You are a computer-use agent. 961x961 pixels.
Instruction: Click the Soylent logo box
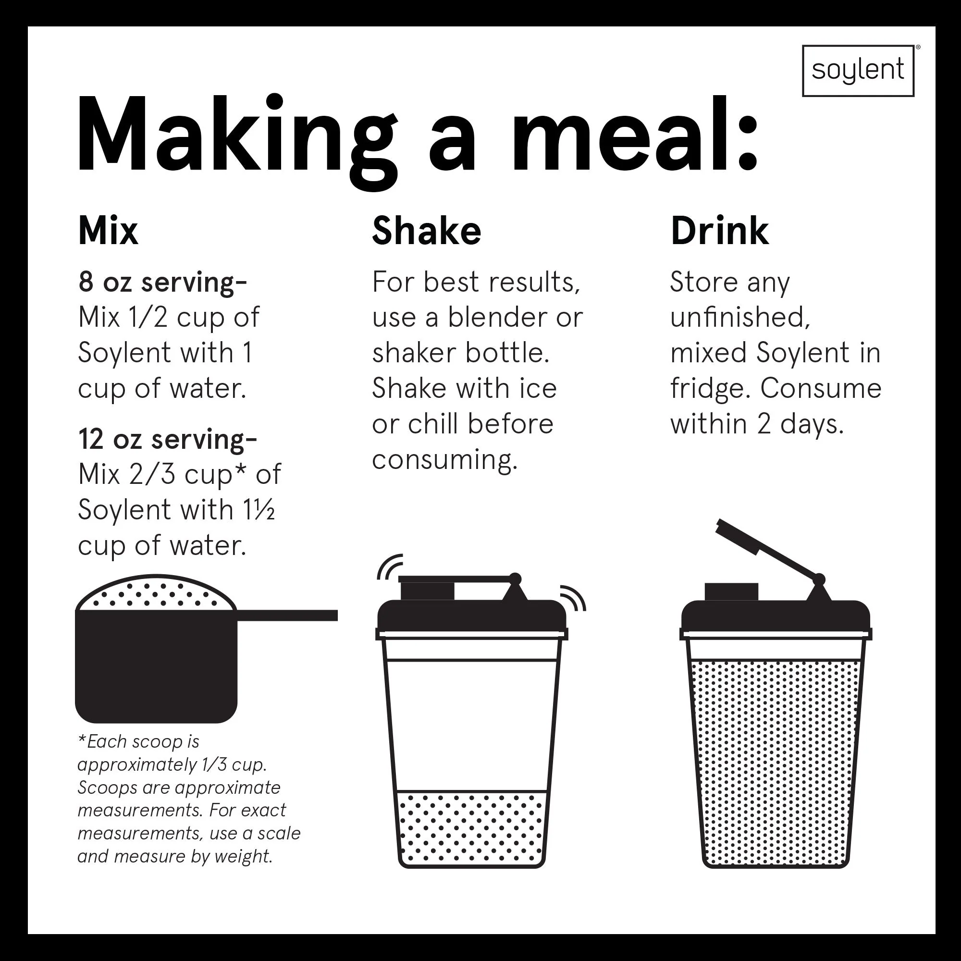point(858,71)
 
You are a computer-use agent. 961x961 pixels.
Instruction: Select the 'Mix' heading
point(108,231)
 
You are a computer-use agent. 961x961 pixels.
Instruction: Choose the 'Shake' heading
point(427,231)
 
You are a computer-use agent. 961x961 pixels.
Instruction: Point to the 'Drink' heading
point(719,231)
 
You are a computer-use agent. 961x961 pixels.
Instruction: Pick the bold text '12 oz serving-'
point(168,440)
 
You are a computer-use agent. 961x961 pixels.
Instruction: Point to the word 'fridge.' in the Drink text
point(710,388)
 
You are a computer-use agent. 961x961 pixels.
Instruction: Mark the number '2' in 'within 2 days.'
point(764,424)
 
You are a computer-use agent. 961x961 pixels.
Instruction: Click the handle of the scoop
point(287,616)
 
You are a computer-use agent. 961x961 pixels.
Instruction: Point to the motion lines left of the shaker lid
point(390,567)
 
